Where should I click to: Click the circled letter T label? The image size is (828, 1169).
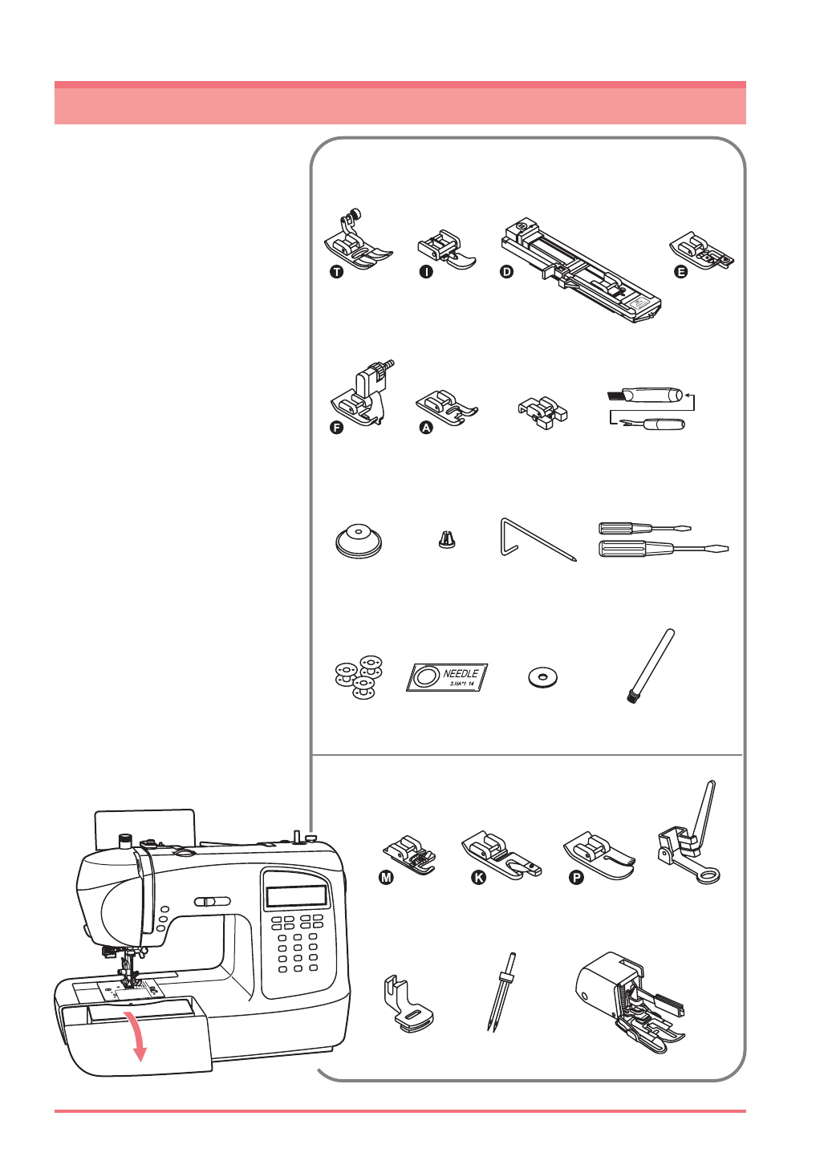(x=336, y=272)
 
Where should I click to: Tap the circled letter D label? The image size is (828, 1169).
(x=506, y=272)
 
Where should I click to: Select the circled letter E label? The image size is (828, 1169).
(x=680, y=272)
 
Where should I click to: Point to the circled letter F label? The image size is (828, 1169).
(x=337, y=428)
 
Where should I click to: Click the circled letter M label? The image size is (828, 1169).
(x=386, y=878)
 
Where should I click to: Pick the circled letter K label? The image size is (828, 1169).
(x=478, y=878)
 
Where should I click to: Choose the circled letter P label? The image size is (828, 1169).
(x=575, y=878)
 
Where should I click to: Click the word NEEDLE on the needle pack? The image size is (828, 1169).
(x=461, y=673)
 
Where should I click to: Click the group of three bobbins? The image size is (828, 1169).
(x=359, y=675)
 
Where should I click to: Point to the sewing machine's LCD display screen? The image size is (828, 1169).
(x=297, y=896)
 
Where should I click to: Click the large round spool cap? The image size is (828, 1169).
(x=358, y=540)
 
